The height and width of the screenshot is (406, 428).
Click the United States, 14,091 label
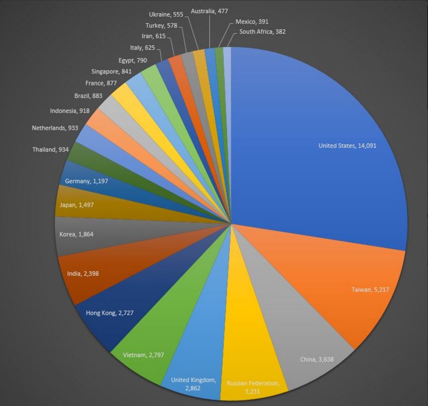[347, 146]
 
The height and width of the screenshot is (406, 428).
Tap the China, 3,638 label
[316, 359]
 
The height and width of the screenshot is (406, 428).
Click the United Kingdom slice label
[193, 383]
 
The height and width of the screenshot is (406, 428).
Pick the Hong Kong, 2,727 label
[110, 313]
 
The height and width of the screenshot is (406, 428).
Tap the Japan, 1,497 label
[76, 205]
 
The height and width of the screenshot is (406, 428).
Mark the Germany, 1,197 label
[86, 181]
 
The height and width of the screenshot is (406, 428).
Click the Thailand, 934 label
[51, 149]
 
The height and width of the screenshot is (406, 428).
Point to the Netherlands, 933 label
[55, 128]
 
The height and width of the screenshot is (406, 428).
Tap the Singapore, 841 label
[111, 71]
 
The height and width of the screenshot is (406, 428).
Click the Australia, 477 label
[209, 11]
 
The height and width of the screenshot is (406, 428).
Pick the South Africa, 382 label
[262, 32]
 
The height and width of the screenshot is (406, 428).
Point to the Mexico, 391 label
[252, 22]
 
